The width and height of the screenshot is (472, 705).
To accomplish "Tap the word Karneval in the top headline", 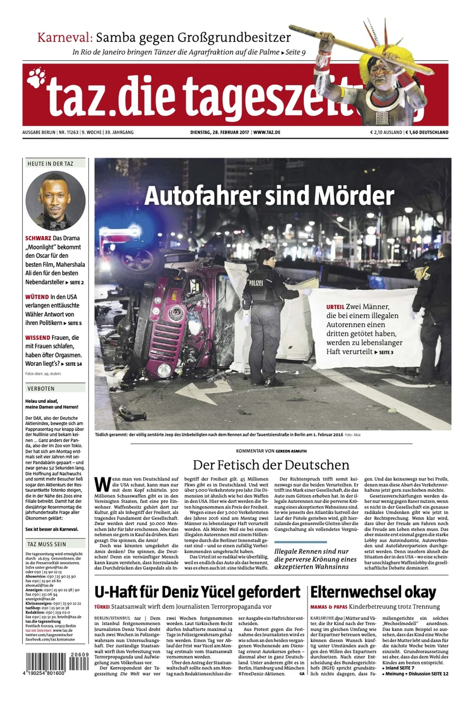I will point(65,38).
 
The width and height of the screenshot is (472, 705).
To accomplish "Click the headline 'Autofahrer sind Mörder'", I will point(269,196).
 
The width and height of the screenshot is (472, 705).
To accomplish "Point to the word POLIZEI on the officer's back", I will point(256,282).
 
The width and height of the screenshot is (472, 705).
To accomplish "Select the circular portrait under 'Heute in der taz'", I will point(55,201).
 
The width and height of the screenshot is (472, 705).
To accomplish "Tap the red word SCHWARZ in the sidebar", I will point(38,238).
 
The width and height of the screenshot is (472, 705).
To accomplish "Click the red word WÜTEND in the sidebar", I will point(37,297).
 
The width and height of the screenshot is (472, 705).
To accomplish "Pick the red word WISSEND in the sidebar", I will point(38,338).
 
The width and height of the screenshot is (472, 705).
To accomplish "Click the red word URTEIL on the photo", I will point(335,307).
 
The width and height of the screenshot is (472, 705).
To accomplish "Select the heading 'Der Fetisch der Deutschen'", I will point(271,465).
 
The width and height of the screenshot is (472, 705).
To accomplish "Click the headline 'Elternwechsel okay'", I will point(373,592).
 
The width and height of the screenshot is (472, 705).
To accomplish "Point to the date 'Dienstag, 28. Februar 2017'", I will point(219,133).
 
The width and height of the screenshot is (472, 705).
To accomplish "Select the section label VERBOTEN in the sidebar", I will point(41,389).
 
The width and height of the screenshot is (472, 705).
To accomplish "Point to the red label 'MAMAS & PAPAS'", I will point(328,607).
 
